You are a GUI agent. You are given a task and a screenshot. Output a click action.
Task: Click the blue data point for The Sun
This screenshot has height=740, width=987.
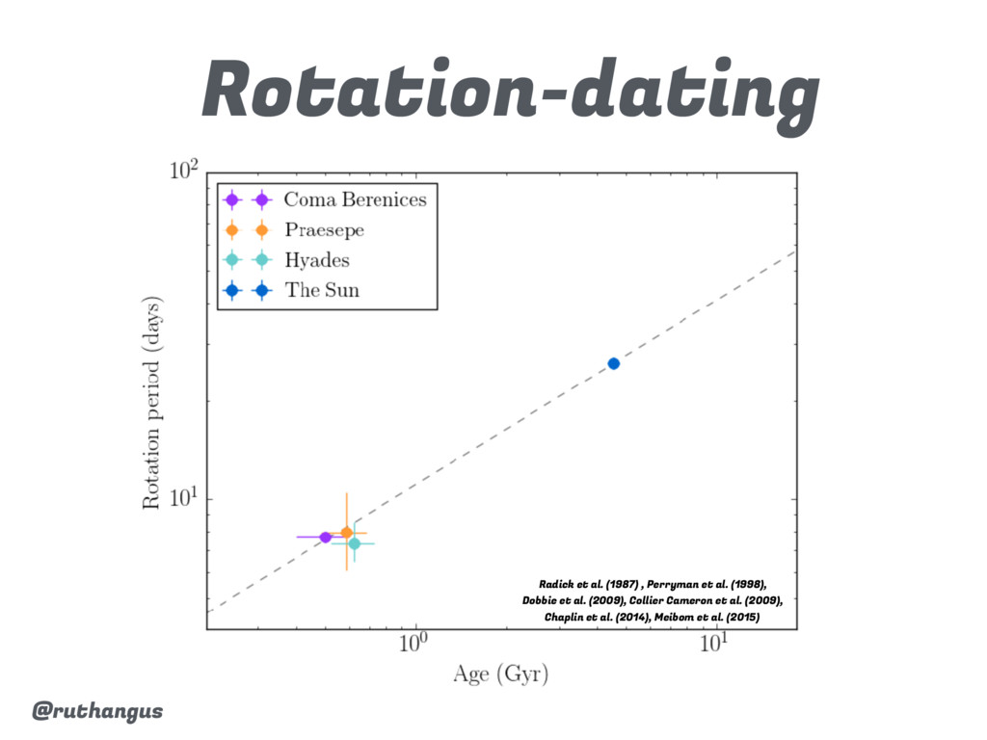pyautogui.click(x=613, y=363)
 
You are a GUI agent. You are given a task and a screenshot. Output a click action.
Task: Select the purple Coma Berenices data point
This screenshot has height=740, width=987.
pyautogui.click(x=326, y=537)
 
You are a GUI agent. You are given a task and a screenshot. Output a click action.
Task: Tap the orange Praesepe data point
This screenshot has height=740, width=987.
pyautogui.click(x=346, y=532)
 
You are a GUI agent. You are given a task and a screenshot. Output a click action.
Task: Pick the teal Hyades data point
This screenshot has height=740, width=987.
pyautogui.click(x=355, y=543)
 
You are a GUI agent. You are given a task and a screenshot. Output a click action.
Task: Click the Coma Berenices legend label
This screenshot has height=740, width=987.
pyautogui.click(x=355, y=200)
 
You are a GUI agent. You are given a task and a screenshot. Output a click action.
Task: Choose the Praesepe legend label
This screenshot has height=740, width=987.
pyautogui.click(x=324, y=230)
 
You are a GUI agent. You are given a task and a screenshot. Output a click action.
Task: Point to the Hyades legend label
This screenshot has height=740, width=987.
pyautogui.click(x=316, y=260)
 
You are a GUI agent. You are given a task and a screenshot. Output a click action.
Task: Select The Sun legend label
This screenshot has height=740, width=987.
pyautogui.click(x=322, y=290)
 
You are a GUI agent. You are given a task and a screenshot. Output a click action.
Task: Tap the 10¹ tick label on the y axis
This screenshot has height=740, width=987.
pyautogui.click(x=183, y=499)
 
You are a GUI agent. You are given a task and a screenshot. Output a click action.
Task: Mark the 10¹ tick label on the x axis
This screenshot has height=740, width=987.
pyautogui.click(x=715, y=645)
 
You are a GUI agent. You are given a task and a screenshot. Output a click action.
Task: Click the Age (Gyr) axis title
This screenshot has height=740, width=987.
pyautogui.click(x=501, y=675)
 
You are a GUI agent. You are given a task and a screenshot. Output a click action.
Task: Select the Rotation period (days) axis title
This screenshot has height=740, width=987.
pyautogui.click(x=152, y=403)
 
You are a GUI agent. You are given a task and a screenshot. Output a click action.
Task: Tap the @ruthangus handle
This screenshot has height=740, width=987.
pyautogui.click(x=97, y=711)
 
